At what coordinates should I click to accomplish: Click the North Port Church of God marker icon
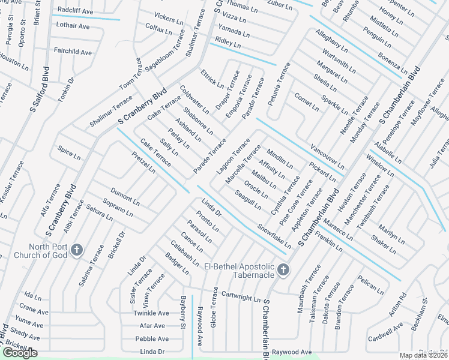76,250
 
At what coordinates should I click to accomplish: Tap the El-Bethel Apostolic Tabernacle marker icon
283,271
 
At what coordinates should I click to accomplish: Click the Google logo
20,353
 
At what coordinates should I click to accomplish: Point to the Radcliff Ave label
76,11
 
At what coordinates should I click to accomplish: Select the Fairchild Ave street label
73,52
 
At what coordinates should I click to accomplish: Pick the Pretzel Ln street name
143,162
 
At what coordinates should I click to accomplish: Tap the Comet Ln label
306,101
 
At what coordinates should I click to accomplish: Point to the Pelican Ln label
370,286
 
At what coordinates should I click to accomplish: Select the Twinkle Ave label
151,313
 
